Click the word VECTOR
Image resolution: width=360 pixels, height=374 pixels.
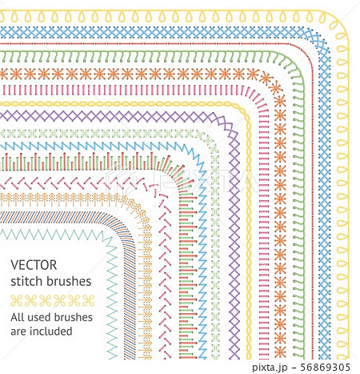pos(34,265)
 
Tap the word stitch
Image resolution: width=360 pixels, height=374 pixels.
pos(26,281)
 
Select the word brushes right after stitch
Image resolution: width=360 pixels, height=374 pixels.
pos(69,281)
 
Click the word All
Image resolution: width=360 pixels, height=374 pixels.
pos(17,317)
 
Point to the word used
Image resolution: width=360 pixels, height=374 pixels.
pos(37,317)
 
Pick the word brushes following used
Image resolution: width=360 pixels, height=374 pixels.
pos(71,317)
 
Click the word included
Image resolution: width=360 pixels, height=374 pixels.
pos(51,331)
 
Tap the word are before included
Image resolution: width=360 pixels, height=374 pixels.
pos(18,332)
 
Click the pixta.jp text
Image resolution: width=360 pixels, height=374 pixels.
pos(270,368)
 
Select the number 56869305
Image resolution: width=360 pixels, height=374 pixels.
pos(325,367)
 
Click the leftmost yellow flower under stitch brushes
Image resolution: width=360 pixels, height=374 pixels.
pos(17,300)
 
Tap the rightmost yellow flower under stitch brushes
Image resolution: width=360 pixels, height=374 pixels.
pos(88,300)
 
